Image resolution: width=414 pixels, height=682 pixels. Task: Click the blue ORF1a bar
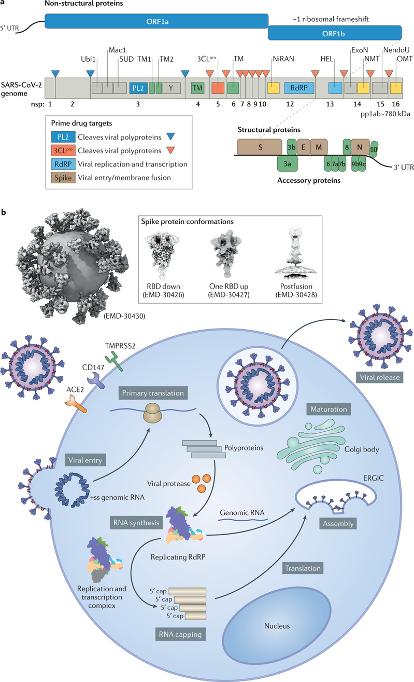(156, 21)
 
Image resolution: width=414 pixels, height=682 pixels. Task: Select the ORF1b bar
(334, 33)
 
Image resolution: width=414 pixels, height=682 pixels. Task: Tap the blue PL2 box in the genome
(138, 88)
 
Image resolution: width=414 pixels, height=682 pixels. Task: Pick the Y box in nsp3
(171, 88)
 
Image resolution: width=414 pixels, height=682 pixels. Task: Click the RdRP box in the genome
(299, 88)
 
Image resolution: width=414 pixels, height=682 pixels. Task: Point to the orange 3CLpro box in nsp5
(218, 88)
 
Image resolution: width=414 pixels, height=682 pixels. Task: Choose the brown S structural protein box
(260, 147)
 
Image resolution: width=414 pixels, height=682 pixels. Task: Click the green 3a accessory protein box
(287, 164)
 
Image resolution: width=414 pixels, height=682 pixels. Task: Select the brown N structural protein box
(360, 147)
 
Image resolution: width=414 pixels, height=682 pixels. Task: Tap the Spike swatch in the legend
(63, 178)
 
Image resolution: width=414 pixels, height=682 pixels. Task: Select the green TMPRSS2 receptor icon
(113, 361)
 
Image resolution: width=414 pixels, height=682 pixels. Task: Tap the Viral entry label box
(85, 460)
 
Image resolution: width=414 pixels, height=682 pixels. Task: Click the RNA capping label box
(180, 634)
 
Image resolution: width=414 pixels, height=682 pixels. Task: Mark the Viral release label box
(380, 377)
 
